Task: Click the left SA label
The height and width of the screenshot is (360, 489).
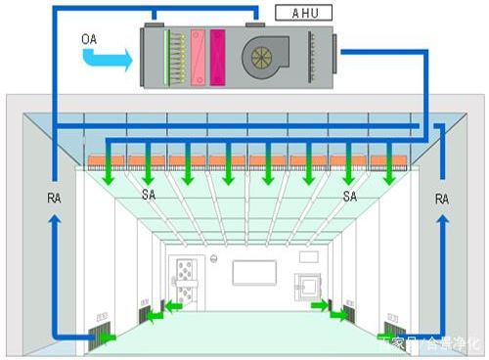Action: click(148, 196)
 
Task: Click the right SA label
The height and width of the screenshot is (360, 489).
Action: click(350, 196)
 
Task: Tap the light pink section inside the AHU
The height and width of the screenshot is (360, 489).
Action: click(196, 55)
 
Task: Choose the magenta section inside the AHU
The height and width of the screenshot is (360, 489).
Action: click(217, 55)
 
